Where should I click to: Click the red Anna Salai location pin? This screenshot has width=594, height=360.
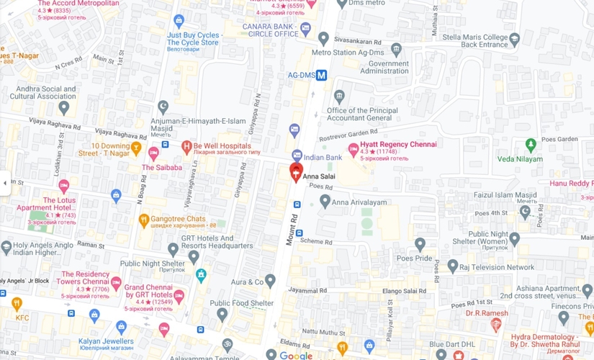click(x=296, y=171)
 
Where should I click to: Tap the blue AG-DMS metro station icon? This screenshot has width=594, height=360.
click(x=322, y=73)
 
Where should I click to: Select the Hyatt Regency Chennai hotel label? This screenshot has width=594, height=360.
click(x=398, y=145)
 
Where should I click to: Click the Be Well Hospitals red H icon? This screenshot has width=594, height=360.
click(x=187, y=146)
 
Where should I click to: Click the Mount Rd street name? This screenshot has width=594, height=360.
click(x=292, y=229)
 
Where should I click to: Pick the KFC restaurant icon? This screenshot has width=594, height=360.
click(x=17, y=303)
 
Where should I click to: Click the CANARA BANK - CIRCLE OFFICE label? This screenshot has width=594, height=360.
click(x=270, y=30)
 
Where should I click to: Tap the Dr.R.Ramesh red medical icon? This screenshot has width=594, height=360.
click(x=495, y=325)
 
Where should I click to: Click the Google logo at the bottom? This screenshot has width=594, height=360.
click(x=296, y=355)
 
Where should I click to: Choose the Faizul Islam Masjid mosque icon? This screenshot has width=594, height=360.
click(x=525, y=211)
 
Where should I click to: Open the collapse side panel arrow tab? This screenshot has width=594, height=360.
click(x=5, y=183)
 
